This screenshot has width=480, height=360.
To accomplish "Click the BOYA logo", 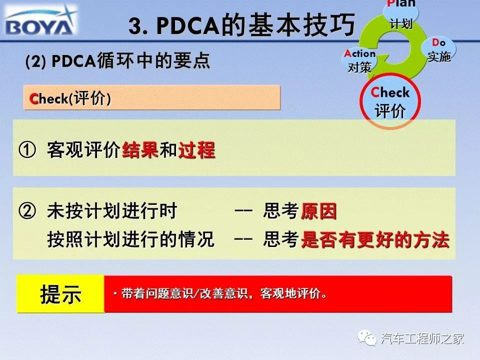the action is pos(40,21).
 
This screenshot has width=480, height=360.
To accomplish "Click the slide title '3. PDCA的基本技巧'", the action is pos(241,25).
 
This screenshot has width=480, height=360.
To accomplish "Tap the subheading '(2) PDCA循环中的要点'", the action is pos(118,60).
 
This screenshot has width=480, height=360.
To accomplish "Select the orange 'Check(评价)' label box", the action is pos(151,97).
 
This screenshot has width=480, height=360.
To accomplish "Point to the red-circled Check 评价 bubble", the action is pos(390,101).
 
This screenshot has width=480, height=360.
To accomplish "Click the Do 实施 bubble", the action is pos(438,49).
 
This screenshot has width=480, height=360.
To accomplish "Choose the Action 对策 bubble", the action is pos(359,60).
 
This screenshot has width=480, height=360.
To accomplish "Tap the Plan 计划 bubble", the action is pos(400,14).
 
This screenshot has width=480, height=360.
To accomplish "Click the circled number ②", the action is pos(27,211).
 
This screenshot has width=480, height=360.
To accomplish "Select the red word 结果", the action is pos(140,150).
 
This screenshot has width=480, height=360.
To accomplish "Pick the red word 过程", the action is pos(197,150).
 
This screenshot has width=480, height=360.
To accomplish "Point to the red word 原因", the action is pos(318,211).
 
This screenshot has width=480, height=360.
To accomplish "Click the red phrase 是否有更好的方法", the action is pos(375,239).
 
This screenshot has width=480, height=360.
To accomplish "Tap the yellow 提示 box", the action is pos(60,294).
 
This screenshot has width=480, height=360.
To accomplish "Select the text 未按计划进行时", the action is pos(112,211).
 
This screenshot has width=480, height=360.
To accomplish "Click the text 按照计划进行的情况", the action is pos(130,239).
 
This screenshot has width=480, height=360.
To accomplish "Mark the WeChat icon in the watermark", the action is pos(367,337).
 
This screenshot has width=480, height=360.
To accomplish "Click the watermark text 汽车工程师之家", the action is pos(422,338).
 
